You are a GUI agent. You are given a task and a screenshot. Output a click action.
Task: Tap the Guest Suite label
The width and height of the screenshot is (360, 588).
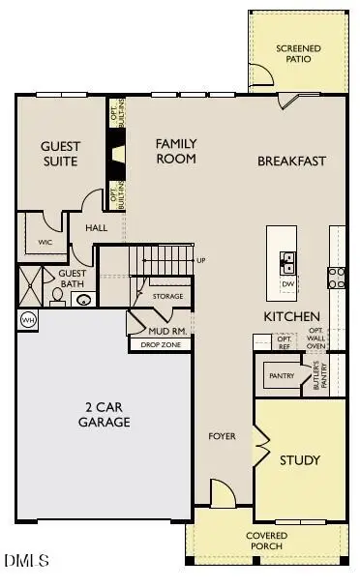60,154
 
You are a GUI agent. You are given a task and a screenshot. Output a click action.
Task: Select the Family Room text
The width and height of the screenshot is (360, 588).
176,151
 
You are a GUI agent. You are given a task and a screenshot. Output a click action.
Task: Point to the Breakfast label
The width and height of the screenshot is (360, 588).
291,162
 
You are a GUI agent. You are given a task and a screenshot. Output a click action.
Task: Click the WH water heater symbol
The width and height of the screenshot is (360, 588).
25,319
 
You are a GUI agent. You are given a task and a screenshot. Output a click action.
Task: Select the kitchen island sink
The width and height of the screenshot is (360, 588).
287,259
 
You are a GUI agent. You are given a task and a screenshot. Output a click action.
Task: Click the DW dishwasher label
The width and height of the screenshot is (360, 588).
287,284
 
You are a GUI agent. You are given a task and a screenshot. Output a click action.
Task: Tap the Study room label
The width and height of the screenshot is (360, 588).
299,460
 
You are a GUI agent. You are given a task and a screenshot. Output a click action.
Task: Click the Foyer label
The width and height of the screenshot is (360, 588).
223,436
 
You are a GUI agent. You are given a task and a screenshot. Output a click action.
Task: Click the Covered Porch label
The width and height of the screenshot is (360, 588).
265,541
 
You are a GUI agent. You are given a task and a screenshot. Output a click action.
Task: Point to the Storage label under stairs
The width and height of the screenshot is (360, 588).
167,297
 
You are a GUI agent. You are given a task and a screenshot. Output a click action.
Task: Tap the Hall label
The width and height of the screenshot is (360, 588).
96,228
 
